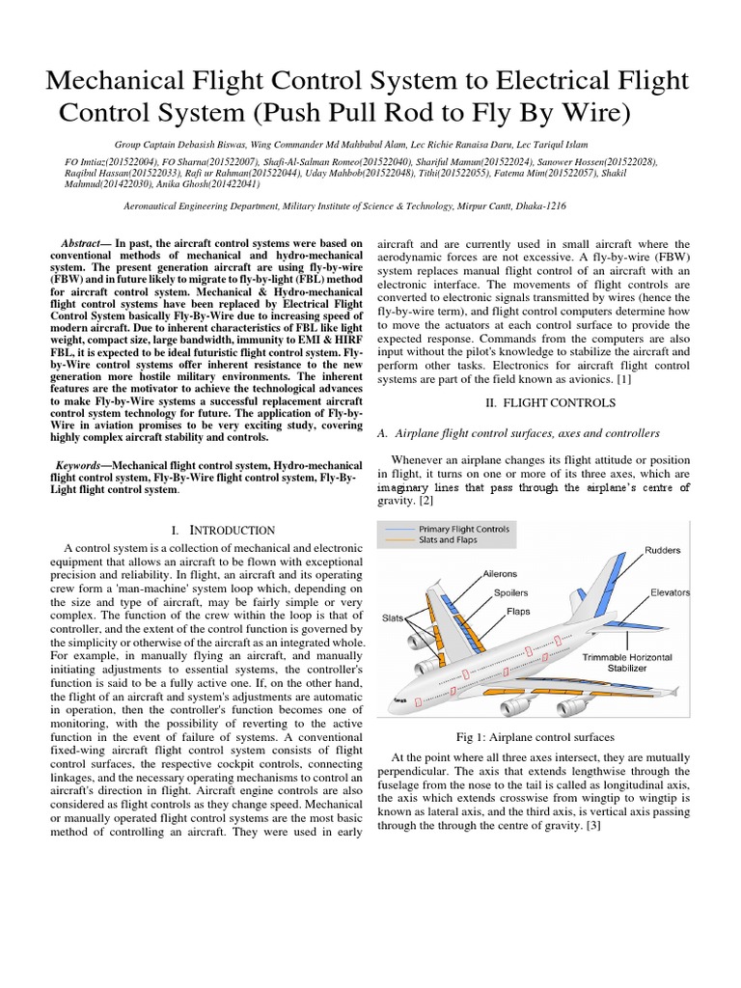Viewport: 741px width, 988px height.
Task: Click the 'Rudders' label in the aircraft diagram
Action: [662, 550]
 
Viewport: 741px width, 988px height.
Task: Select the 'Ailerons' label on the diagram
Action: [500, 573]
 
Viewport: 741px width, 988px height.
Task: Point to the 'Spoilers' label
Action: [510, 592]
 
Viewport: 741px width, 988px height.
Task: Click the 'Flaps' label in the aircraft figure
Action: [518, 611]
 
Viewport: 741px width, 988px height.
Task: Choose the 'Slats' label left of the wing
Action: [393, 617]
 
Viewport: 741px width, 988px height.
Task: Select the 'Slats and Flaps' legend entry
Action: [452, 540]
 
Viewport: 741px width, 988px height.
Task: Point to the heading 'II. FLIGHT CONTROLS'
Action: [534, 400]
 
